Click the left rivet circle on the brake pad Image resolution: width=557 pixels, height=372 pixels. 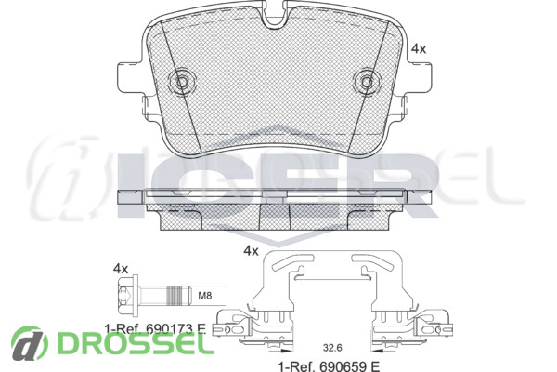(x=182, y=82)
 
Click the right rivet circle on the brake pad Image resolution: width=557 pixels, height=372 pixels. (x=367, y=82)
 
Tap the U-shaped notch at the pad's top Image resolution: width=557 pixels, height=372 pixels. (x=275, y=13)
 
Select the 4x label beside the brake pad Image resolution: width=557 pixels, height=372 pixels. (x=419, y=48)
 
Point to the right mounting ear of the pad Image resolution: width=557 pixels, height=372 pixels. (x=420, y=76)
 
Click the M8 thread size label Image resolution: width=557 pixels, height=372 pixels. (x=204, y=295)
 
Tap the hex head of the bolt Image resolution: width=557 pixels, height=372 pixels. (x=127, y=295)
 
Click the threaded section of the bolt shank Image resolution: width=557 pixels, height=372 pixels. (x=177, y=295)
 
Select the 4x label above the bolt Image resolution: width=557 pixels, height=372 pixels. (x=120, y=269)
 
